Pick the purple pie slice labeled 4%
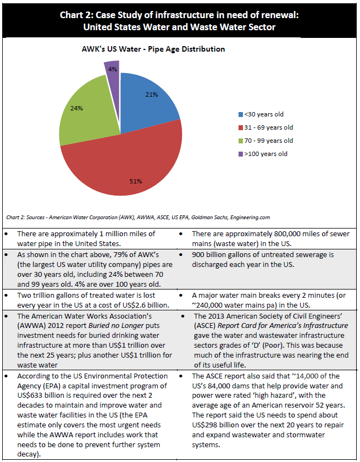coord(112,70)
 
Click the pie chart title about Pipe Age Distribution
coord(149,49)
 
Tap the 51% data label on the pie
coord(136,181)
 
